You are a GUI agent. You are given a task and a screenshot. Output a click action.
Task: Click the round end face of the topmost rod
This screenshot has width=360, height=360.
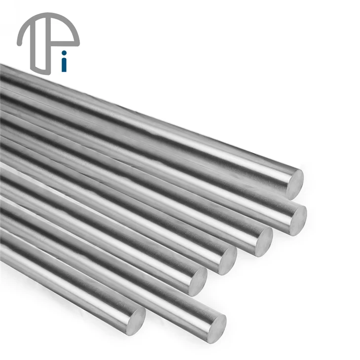coord(295,184)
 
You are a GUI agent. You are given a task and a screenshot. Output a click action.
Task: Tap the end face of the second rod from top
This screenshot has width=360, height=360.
coord(299,220)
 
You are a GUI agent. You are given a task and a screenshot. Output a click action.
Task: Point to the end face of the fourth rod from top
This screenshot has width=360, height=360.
coord(228,260)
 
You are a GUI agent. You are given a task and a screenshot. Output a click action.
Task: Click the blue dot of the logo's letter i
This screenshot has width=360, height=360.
coord(64,53)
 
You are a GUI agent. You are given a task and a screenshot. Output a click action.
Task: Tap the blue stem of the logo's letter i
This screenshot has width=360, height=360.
coord(64,65)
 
